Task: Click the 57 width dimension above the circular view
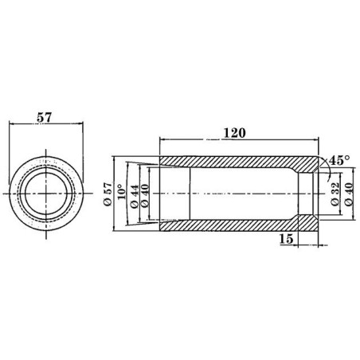pyautogui.click(x=45, y=116)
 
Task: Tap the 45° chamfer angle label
pyautogui.click(x=340, y=160)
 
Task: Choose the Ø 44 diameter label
pyautogui.click(x=134, y=194)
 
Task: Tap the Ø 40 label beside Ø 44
pyautogui.click(x=145, y=194)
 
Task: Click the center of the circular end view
pyautogui.click(x=45, y=194)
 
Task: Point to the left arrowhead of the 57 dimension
pyautogui.click(x=11, y=123)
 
